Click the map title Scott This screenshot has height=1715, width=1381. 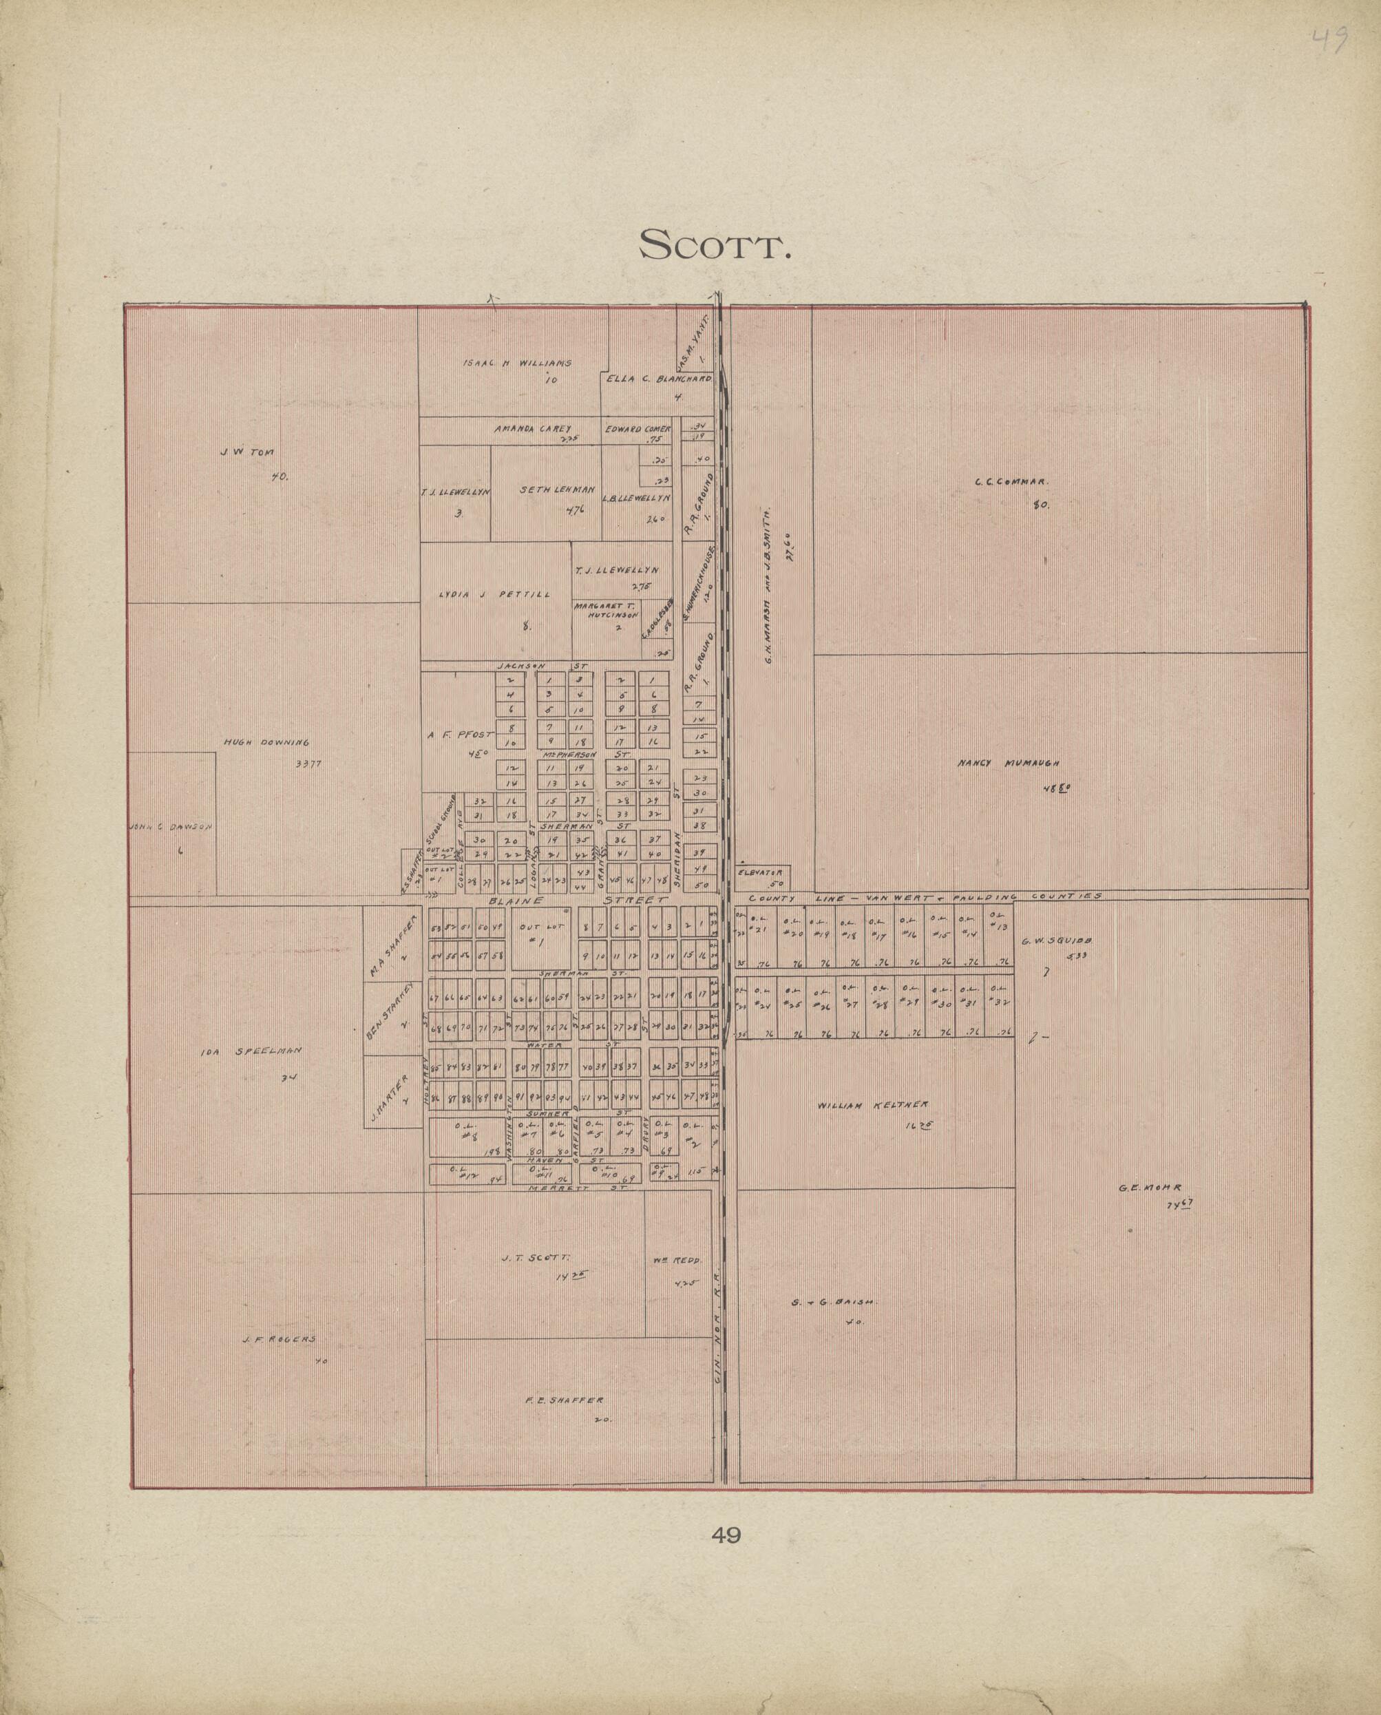coord(715,244)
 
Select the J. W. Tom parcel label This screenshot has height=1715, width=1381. coord(246,452)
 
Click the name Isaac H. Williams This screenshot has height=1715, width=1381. coord(517,364)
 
